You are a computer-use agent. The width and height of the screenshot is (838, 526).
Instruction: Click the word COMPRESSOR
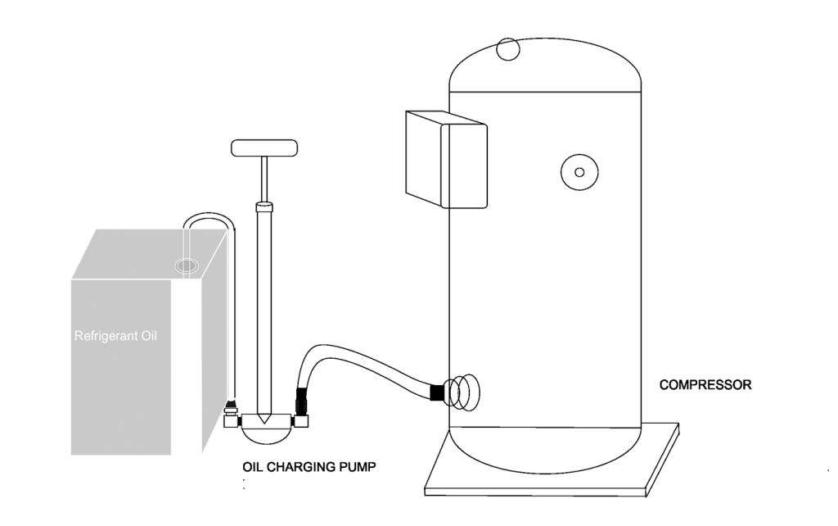pos(705,385)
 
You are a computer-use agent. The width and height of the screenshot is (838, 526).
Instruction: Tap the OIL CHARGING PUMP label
pos(309,467)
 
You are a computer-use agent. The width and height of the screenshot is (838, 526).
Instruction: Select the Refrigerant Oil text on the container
pos(115,336)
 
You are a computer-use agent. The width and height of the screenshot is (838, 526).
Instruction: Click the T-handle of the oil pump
pos(264,148)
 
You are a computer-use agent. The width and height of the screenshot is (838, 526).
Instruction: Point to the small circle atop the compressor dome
pos(507,48)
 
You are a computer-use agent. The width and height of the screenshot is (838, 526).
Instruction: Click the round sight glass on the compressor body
pos(579,172)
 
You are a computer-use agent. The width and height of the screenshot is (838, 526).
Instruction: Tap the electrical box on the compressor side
pos(446,160)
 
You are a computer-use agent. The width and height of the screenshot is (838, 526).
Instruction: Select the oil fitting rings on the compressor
pos(463,392)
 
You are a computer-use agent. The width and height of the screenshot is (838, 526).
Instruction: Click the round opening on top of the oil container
pos(187,265)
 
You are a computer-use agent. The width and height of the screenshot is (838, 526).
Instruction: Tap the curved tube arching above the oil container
pos(209,215)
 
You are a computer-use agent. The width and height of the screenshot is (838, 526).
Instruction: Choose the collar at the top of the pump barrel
pos(264,206)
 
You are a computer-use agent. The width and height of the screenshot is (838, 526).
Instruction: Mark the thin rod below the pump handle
pos(264,179)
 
